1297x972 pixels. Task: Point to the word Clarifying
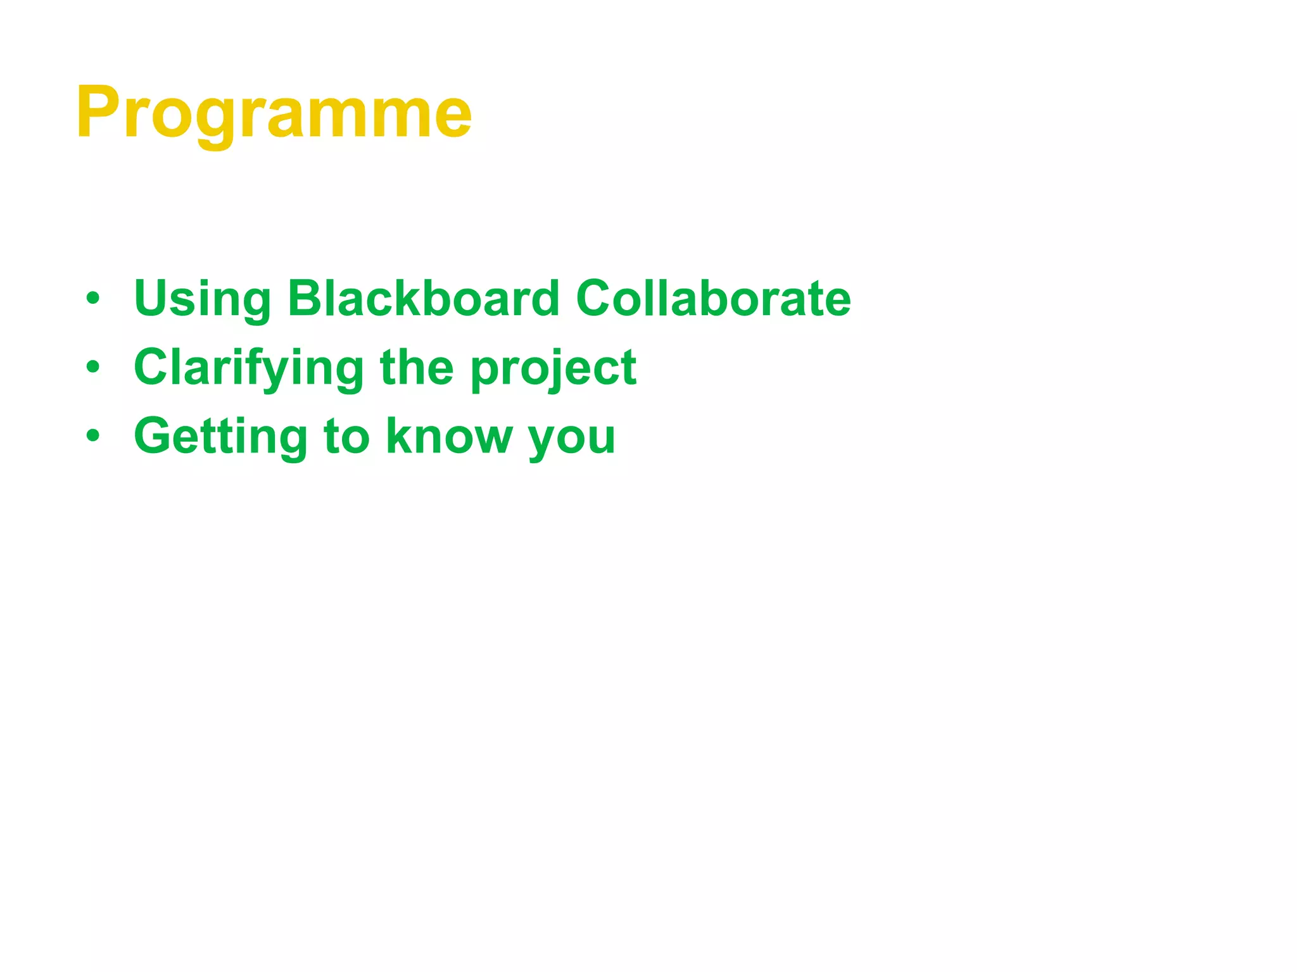pos(249,368)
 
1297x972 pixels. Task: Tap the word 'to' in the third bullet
pos(346,437)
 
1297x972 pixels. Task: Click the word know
pos(449,436)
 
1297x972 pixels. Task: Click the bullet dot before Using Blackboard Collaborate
pos(93,298)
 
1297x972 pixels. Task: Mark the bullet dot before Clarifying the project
pos(93,367)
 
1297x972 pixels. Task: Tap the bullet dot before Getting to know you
pos(93,435)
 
